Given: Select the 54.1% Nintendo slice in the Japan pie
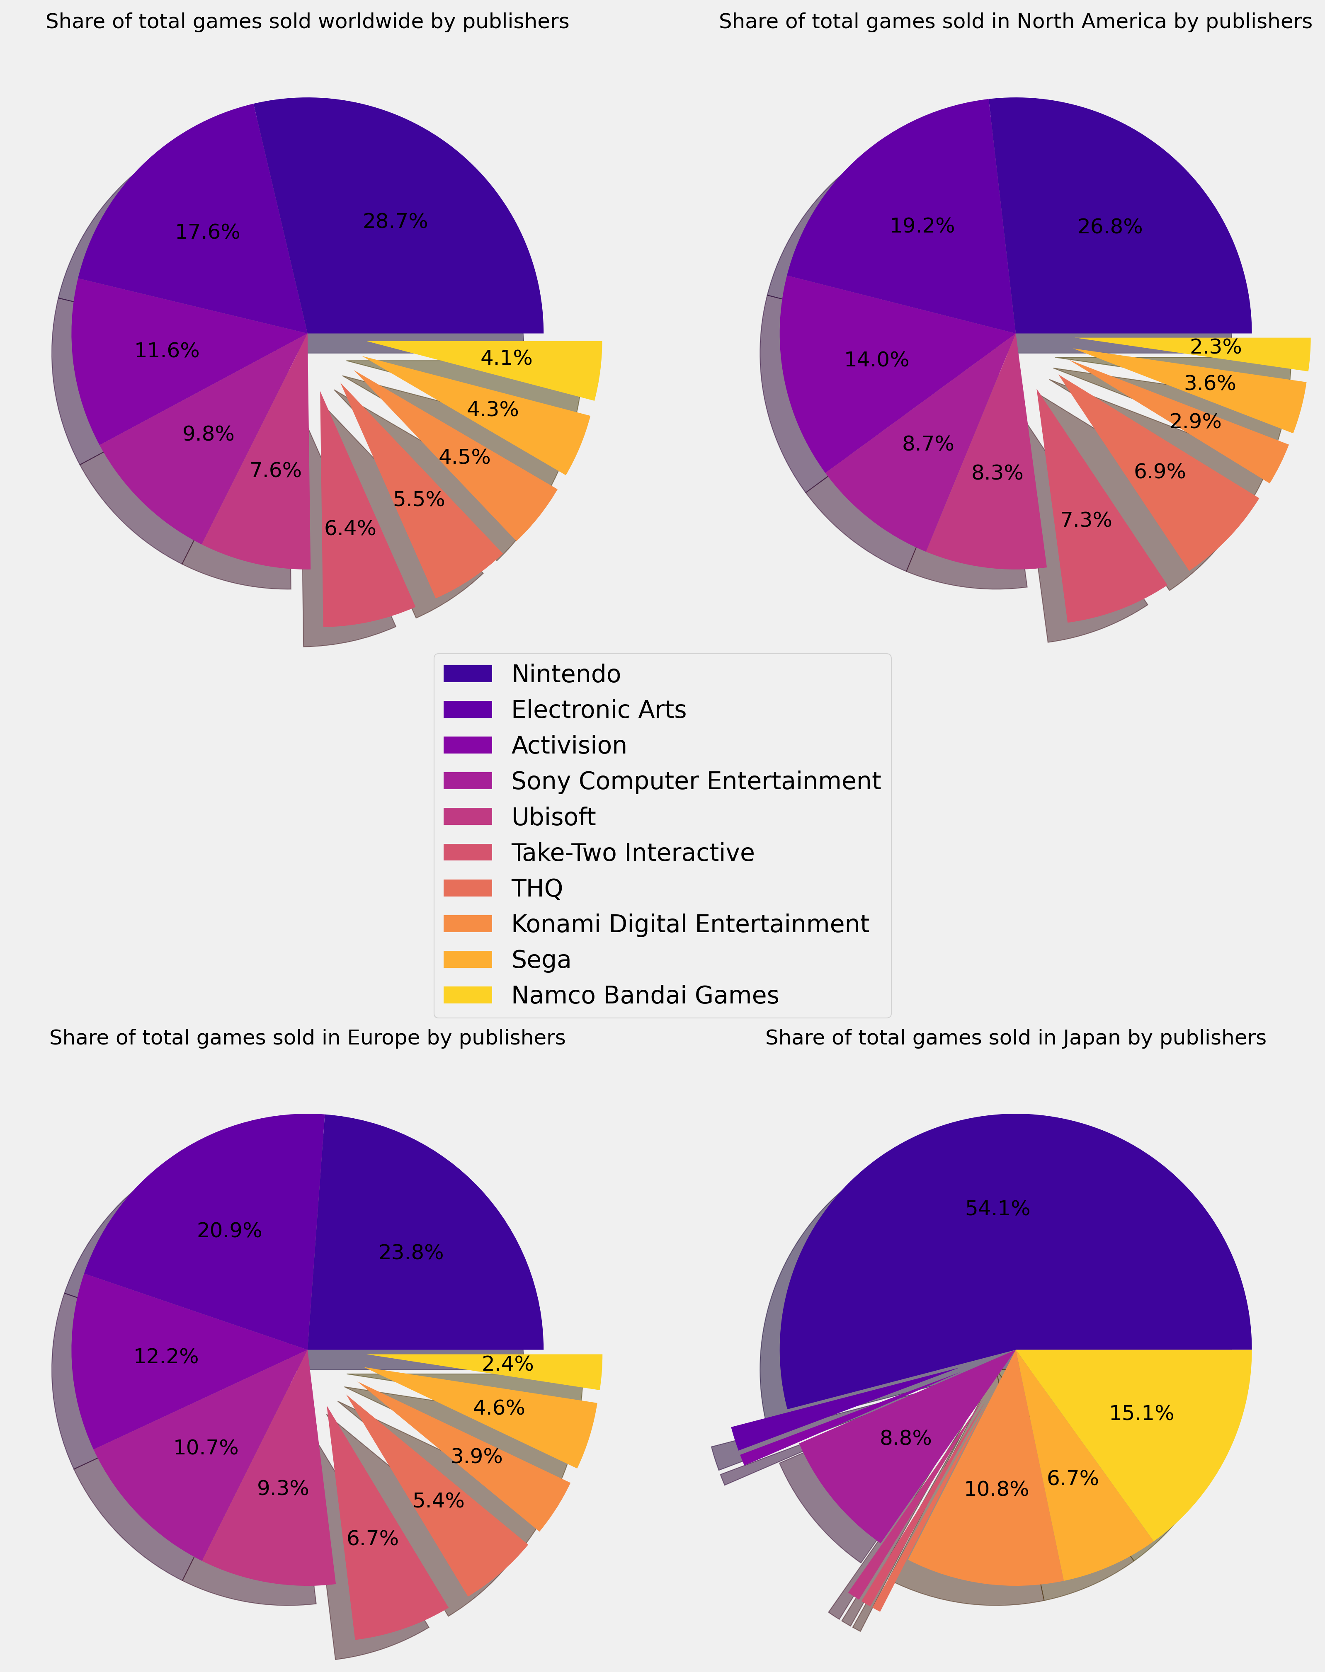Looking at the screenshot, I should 1009,1241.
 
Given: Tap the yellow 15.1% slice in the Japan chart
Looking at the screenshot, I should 1148,1435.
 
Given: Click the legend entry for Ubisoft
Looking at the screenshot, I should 553,817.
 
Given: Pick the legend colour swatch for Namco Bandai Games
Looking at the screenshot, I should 468,995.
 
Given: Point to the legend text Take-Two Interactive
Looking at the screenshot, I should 632,852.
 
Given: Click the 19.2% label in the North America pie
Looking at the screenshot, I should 922,225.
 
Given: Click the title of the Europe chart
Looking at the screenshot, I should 307,1037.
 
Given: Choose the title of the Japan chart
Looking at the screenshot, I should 1015,1037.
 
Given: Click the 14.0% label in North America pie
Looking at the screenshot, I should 876,360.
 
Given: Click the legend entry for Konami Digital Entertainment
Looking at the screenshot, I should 689,923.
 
